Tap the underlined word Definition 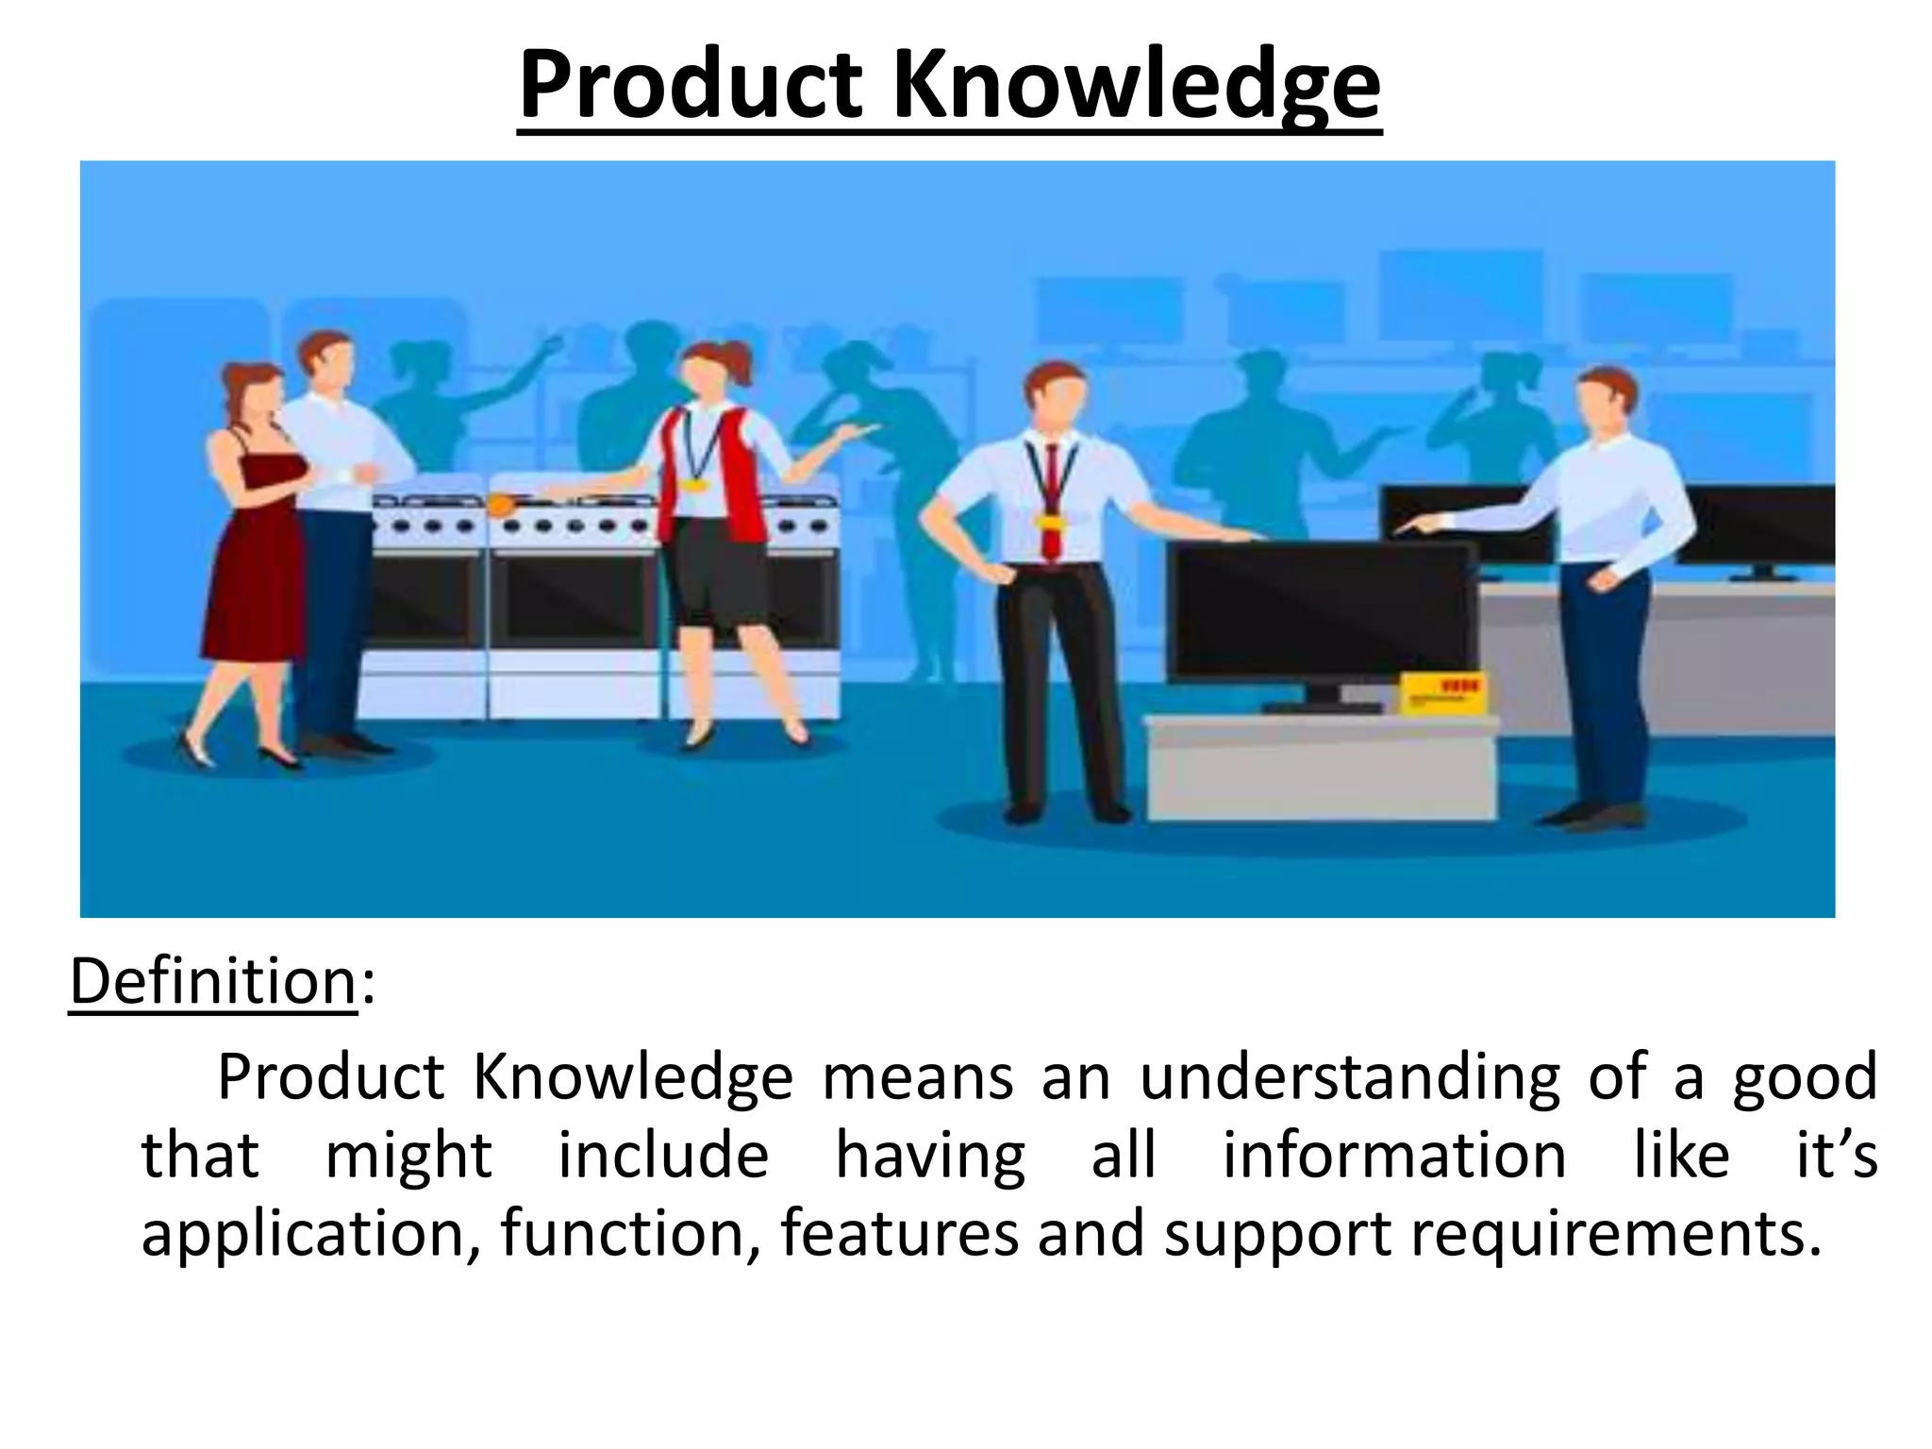(213, 982)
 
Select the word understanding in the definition (1350, 1078)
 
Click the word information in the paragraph (1394, 1157)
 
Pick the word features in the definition (899, 1233)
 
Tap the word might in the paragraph (408, 1157)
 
